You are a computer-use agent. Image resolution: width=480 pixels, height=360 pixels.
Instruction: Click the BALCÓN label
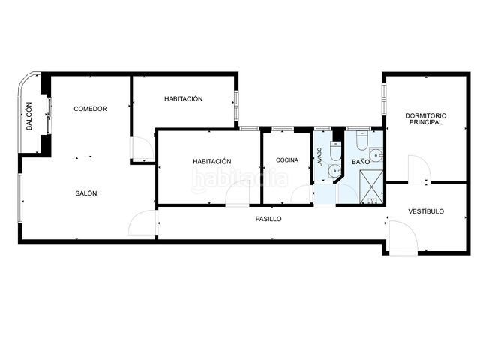pyautogui.click(x=29, y=116)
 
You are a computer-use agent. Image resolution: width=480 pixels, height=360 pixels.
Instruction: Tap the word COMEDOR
pyautogui.click(x=90, y=109)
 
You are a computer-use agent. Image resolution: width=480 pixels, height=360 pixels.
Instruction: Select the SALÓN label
pyautogui.click(x=86, y=193)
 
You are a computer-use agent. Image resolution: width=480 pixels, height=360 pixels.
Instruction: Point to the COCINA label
pyautogui.click(x=287, y=160)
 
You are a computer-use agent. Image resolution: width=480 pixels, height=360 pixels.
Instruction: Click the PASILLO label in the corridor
pyautogui.click(x=268, y=219)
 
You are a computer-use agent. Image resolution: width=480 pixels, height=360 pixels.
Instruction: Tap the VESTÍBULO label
pyautogui.click(x=426, y=211)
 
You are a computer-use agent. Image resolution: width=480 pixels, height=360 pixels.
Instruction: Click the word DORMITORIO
pyautogui.click(x=426, y=115)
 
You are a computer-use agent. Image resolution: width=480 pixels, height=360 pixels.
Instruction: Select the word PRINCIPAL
pyautogui.click(x=426, y=122)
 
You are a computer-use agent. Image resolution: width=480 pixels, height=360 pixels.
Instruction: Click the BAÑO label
pyautogui.click(x=361, y=162)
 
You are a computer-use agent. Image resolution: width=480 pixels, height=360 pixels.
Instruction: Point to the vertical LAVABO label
pyautogui.click(x=319, y=157)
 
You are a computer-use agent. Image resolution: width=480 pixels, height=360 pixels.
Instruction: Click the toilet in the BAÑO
pyautogui.click(x=362, y=141)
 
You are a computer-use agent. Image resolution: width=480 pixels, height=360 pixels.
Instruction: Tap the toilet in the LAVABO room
pyautogui.click(x=336, y=151)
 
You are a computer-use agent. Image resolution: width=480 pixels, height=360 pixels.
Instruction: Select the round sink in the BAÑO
pyautogui.click(x=376, y=155)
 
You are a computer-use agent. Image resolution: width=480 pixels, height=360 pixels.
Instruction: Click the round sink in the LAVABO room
pyautogui.click(x=335, y=171)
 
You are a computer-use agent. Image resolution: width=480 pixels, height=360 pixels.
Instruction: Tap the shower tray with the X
pyautogui.click(x=371, y=187)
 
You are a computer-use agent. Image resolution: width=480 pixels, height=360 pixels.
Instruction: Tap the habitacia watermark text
pyautogui.click(x=240, y=179)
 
